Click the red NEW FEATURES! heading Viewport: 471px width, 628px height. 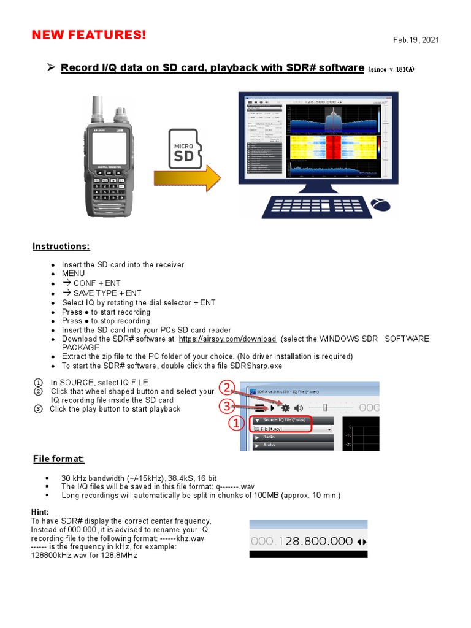coord(89,36)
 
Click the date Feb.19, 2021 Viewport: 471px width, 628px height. coord(416,40)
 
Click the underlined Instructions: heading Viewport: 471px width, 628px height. coord(61,247)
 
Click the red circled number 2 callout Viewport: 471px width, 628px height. coord(228,388)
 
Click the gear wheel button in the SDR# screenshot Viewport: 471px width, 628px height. coord(285,407)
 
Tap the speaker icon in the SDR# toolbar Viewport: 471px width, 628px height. coord(298,407)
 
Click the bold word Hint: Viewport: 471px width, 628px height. coord(40,511)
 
